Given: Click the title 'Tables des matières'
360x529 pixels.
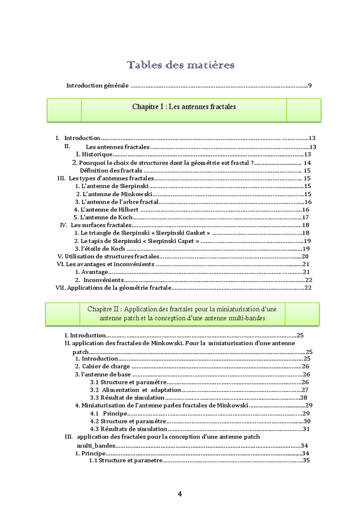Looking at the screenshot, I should [181, 65].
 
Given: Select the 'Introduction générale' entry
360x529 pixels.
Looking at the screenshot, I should [97, 85].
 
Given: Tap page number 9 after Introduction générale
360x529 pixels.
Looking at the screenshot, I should [310, 85].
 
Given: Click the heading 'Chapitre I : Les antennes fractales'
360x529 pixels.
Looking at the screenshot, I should [184, 107].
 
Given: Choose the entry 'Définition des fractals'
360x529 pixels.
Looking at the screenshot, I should [111, 170].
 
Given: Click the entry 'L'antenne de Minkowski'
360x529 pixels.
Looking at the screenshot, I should [114, 194].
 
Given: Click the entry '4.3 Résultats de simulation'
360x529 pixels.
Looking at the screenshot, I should [128, 429].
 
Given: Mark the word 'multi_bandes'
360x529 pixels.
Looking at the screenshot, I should [96, 445].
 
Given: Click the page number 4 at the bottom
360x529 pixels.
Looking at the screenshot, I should [179, 494].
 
